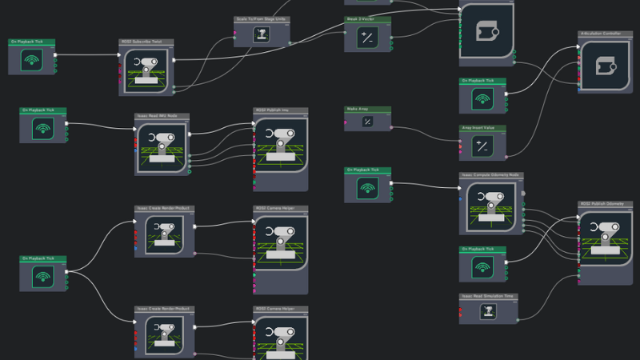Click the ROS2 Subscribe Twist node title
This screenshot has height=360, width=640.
coord(146,42)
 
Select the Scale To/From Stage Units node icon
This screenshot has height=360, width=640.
coord(261,34)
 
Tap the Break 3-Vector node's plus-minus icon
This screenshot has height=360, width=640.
coord(367,37)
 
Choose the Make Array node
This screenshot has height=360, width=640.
coord(367,121)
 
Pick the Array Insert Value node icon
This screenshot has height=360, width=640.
coord(482,146)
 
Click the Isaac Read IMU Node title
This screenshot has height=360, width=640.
coord(161,115)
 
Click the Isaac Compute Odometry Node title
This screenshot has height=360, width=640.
coord(490,174)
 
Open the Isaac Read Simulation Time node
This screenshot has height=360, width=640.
coord(487,310)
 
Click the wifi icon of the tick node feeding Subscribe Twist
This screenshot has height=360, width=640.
coord(32,60)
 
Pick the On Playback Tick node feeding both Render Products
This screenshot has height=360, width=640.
coord(43,275)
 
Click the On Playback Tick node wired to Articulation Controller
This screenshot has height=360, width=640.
coord(482,99)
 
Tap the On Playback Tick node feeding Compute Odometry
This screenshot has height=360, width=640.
coord(367,189)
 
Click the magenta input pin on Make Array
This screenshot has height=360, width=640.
coord(346,122)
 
